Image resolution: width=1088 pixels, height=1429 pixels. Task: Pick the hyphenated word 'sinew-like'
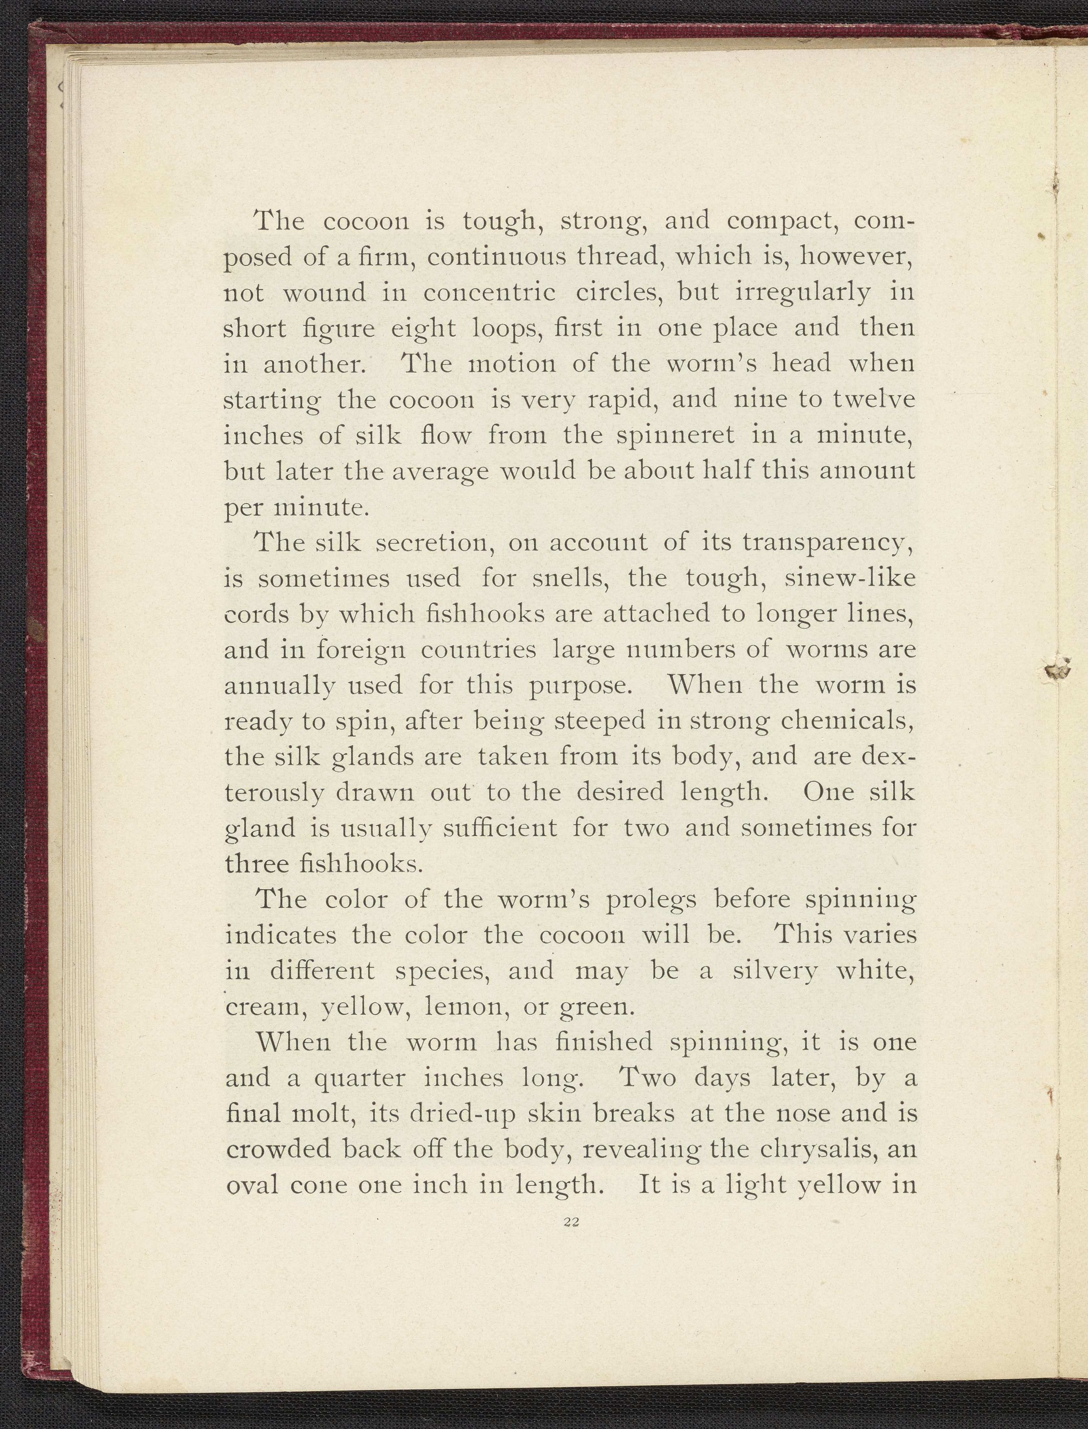[850, 578]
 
